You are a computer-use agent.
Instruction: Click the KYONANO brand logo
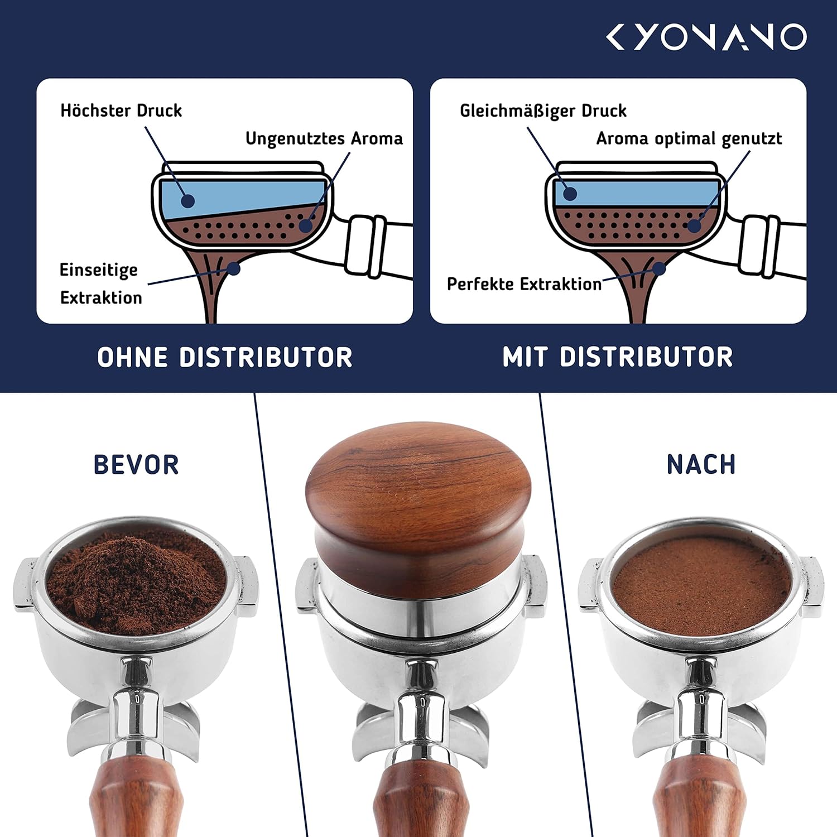tap(706, 37)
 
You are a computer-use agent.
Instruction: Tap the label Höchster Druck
tap(121, 110)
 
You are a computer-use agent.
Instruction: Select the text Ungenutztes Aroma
tap(324, 138)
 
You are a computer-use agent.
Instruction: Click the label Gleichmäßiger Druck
tap(543, 111)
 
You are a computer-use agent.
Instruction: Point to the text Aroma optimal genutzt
tap(689, 138)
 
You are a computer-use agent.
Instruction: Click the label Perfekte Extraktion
tap(524, 284)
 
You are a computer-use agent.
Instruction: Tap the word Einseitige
tap(99, 270)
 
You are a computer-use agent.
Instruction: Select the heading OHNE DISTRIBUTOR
tap(225, 357)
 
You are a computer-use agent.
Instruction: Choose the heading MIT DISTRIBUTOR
tap(618, 357)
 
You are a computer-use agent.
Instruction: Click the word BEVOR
tap(136, 465)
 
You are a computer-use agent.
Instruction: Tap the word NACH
tap(701, 465)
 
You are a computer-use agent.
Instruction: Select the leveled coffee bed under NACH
tap(701, 585)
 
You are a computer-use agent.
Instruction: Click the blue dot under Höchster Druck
tap(188, 201)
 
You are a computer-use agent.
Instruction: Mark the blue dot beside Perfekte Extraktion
tap(660, 268)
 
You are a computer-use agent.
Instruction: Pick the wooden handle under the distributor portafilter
tap(420, 798)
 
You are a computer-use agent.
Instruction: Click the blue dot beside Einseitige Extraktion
tap(234, 269)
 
